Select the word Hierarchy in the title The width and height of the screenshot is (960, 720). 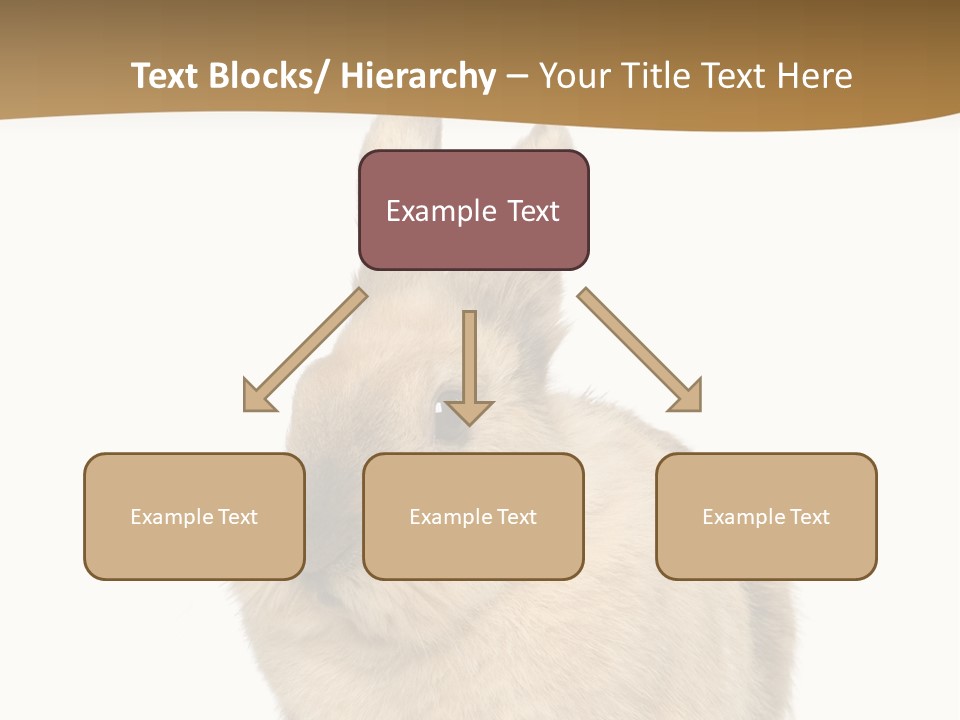point(418,76)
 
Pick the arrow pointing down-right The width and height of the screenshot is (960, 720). point(640,350)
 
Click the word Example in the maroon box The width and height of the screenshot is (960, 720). point(440,211)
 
